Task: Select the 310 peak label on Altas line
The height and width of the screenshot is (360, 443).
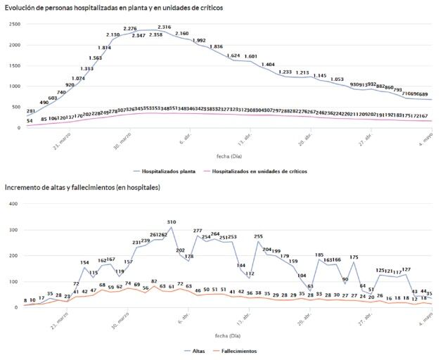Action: tap(172, 222)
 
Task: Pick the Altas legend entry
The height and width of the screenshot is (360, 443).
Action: tap(200, 351)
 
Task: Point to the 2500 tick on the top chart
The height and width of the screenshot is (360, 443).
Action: tap(13, 24)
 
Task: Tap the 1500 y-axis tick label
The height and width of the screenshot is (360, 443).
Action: tap(13, 65)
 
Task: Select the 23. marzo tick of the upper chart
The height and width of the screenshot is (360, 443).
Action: tap(60, 140)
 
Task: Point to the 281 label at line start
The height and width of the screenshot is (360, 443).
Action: tap(31, 111)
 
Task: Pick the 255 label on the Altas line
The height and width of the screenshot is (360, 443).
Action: tap(258, 236)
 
